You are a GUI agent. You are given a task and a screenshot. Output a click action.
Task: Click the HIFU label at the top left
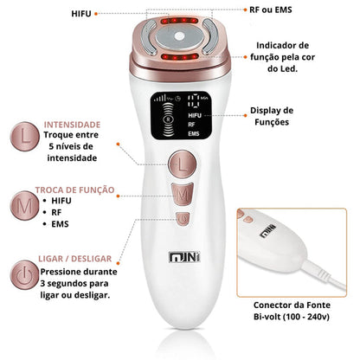pos(81,14)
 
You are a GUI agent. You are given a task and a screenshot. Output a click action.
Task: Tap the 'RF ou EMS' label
pos(271,10)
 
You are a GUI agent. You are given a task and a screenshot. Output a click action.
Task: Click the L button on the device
pos(183,164)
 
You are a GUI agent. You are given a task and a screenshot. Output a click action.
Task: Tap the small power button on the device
pos(183,219)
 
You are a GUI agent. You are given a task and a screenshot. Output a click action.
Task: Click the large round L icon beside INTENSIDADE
pos(25,137)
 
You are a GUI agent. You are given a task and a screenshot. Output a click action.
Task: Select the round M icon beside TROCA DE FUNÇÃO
pos(24,205)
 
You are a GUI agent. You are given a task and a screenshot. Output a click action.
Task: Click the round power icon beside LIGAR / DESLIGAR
pos(24,275)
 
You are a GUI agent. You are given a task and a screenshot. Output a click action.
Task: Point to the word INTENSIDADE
pos(72,125)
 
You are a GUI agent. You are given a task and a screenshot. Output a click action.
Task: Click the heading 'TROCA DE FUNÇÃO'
pos(75,190)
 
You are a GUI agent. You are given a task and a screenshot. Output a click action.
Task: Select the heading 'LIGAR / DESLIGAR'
pos(75,259)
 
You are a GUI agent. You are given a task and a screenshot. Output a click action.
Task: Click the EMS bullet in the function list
pos(60,224)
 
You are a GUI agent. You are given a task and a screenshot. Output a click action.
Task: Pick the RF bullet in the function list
pos(56,212)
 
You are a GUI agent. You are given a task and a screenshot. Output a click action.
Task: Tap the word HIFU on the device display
pos(195,115)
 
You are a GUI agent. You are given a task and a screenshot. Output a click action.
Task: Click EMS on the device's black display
pos(194,134)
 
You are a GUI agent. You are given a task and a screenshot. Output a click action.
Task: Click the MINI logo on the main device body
pos(184,257)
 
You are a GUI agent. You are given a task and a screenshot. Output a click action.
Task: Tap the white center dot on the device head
pos(179,36)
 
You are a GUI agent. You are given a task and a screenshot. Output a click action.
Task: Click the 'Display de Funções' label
pos(272,116)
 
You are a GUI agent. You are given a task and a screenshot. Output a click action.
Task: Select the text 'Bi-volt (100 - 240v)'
pos(292,317)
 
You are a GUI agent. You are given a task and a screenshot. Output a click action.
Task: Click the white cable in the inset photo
pos(323,275)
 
